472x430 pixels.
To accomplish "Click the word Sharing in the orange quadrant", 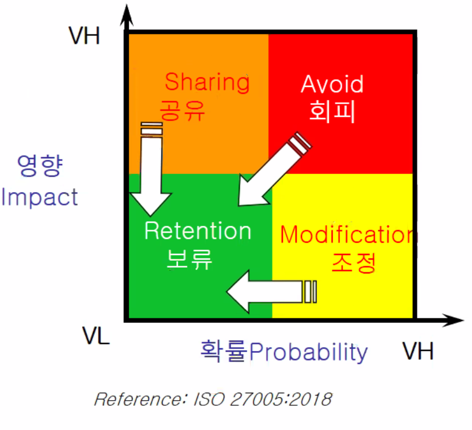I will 207,82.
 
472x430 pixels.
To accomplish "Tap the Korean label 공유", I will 182,109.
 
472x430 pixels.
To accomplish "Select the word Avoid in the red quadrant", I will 332,85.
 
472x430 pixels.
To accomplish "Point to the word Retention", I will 198,231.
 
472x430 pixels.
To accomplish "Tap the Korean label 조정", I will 354,262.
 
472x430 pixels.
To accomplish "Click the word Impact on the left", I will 39,197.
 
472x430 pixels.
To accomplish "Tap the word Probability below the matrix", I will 308,351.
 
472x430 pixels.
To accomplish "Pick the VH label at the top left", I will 84,36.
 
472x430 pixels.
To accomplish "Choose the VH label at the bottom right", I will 417,351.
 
